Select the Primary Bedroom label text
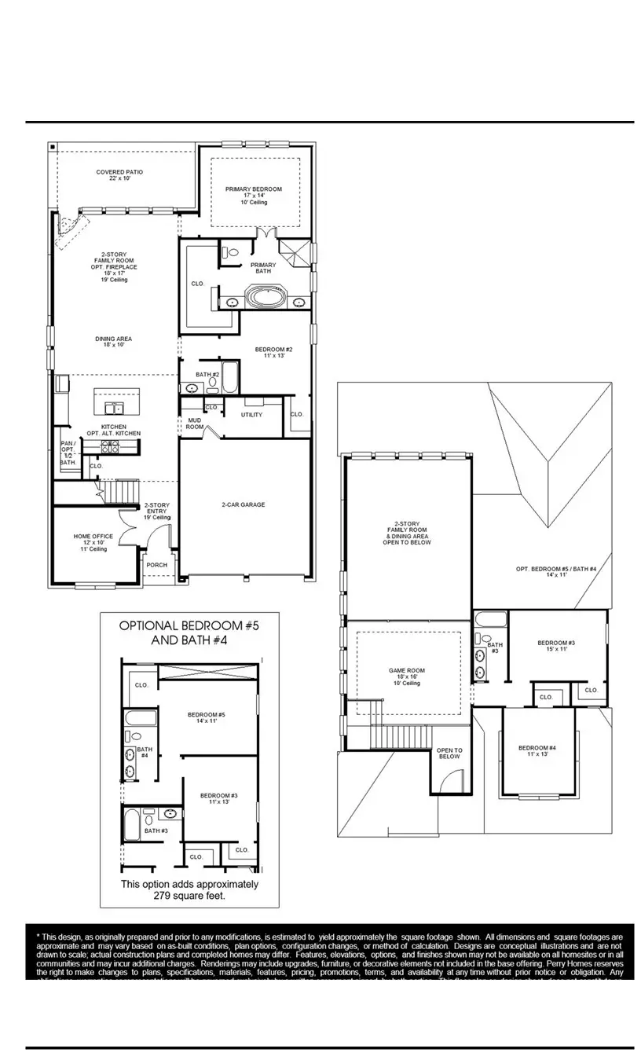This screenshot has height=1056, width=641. [253, 189]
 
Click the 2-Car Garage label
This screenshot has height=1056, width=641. [243, 505]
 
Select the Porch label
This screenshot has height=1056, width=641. [157, 565]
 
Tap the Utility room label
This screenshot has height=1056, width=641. [251, 415]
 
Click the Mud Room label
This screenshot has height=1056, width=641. [193, 423]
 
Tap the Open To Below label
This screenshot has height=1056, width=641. [449, 753]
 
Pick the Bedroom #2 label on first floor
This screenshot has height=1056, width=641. [273, 352]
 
